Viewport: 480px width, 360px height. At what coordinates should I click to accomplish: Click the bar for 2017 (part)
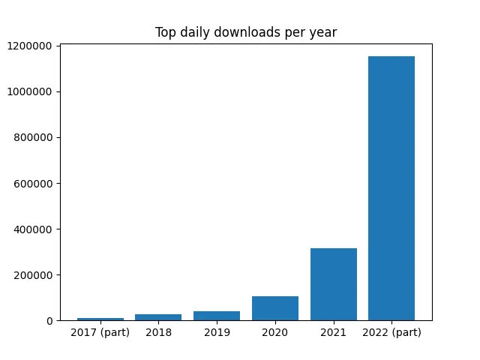pyautogui.click(x=100, y=319)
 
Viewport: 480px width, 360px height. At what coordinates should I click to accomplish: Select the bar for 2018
pyautogui.click(x=158, y=317)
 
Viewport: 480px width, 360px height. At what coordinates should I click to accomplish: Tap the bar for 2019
pyautogui.click(x=217, y=316)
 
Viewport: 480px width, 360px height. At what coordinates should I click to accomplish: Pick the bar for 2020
pyautogui.click(x=275, y=308)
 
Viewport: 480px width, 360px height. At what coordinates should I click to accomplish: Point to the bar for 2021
pyautogui.click(x=334, y=284)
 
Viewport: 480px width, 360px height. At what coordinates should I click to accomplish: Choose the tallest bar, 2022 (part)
pyautogui.click(x=391, y=188)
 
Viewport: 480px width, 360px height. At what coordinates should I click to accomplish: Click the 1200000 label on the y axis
pyautogui.click(x=29, y=46)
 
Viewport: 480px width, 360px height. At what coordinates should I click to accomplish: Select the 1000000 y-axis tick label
pyautogui.click(x=29, y=91)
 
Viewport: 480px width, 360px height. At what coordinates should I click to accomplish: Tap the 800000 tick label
pyautogui.click(x=33, y=138)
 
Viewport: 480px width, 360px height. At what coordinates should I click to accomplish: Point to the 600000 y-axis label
pyautogui.click(x=33, y=184)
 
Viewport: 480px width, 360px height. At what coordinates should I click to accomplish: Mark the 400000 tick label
pyautogui.click(x=33, y=229)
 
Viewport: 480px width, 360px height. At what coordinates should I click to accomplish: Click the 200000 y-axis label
pyautogui.click(x=33, y=275)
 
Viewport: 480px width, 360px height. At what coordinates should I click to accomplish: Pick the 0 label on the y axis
pyautogui.click(x=49, y=321)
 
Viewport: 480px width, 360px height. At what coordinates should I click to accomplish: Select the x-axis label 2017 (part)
pyautogui.click(x=100, y=332)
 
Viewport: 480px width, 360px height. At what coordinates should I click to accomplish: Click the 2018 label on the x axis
pyautogui.click(x=158, y=332)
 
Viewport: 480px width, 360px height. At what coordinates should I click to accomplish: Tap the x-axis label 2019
pyautogui.click(x=217, y=332)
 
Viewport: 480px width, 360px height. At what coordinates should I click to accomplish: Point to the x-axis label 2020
pyautogui.click(x=275, y=332)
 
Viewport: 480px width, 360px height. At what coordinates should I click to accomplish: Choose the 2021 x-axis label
pyautogui.click(x=333, y=332)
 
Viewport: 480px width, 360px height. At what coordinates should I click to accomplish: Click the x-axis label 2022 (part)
pyautogui.click(x=391, y=332)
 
